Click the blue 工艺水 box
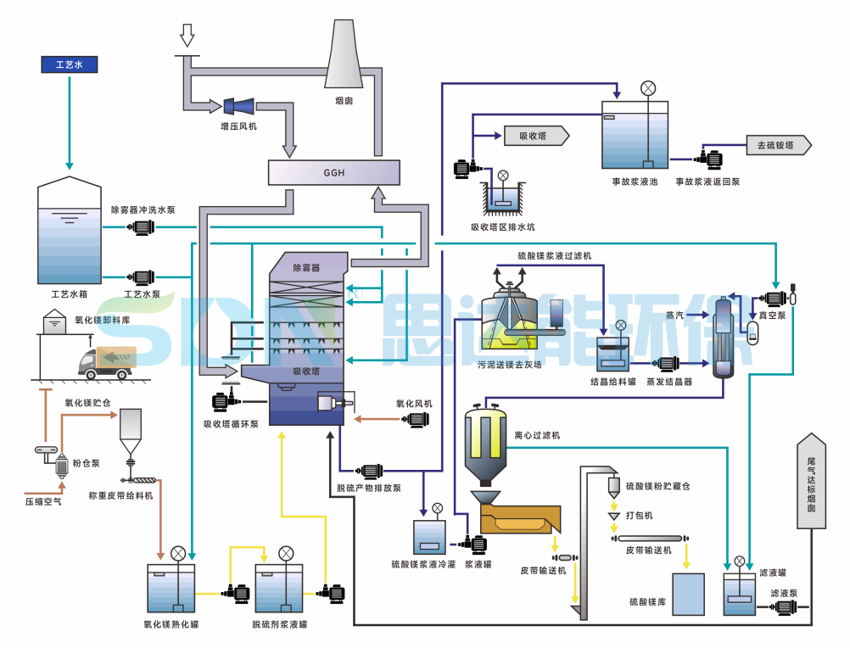pos(70,64)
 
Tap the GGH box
pos(334,172)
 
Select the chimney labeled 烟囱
pos(344,53)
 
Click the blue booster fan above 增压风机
pos(238,106)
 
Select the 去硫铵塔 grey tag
pos(779,145)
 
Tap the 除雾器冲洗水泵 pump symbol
pos(141,227)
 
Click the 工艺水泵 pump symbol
pos(141,277)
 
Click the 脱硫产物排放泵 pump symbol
pos(369,471)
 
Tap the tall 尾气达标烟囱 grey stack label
pos(812,481)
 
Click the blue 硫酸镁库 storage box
pos(689,595)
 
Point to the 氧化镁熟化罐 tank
pos(171,589)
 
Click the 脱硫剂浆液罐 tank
pos(279,589)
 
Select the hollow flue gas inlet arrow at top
pos(187,36)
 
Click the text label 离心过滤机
pos(537,435)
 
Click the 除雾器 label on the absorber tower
pos(306,268)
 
